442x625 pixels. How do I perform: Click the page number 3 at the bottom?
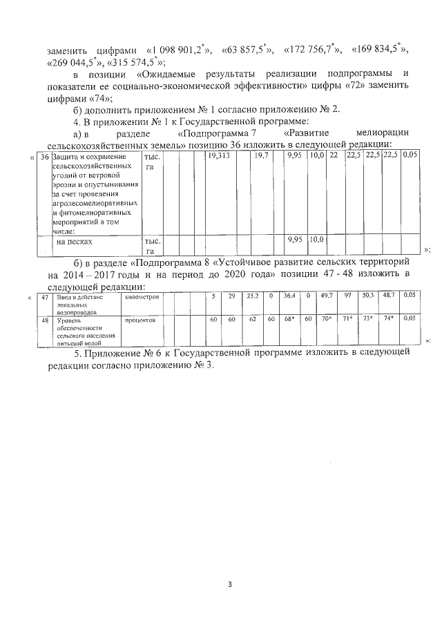pyautogui.click(x=231, y=585)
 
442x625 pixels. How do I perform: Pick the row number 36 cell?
pyautogui.click(x=44, y=158)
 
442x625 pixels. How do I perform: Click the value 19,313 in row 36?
pyautogui.click(x=219, y=158)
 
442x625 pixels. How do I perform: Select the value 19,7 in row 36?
pyautogui.click(x=261, y=158)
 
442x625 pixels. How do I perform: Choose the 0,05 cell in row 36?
pyautogui.click(x=410, y=158)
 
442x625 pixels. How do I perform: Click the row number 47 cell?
pyautogui.click(x=44, y=296)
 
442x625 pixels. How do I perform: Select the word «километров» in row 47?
pyautogui.click(x=142, y=296)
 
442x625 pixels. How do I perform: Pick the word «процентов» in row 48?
pyautogui.click(x=140, y=320)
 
